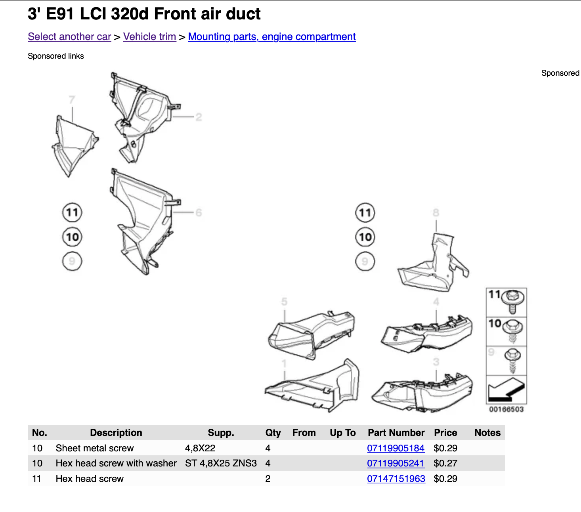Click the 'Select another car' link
click(69, 37)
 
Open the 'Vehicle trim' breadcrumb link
click(149, 37)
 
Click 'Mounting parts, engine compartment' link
click(272, 37)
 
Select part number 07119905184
click(396, 448)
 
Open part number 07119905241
click(396, 463)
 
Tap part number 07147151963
click(396, 479)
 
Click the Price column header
click(445, 433)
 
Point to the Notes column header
click(487, 433)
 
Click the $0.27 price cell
click(445, 463)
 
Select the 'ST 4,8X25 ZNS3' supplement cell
click(221, 463)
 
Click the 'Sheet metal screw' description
click(95, 448)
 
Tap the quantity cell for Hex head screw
click(268, 479)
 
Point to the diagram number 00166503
click(506, 409)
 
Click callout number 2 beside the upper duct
click(199, 117)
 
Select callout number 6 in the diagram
click(199, 213)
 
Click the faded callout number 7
click(72, 99)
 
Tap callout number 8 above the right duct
click(436, 213)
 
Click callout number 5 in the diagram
click(284, 302)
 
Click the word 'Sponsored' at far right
click(560, 73)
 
